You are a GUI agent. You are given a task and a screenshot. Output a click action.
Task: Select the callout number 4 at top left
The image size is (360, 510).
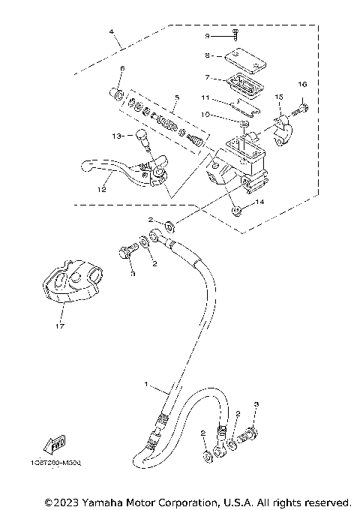click(x=112, y=32)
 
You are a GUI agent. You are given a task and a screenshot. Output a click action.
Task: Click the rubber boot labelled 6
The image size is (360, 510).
click(x=117, y=94)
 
